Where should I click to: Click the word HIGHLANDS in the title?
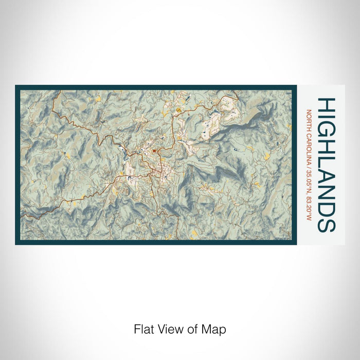(327, 165)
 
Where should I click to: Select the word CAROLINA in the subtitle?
(309, 145)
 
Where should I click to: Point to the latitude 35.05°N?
(309, 177)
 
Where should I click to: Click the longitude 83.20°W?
(309, 205)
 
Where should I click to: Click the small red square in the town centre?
(154, 151)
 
